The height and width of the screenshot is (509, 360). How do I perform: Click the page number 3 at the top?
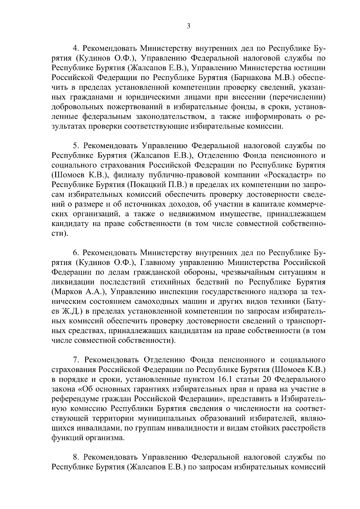pos(188,26)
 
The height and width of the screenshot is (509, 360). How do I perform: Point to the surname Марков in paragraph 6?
pos(68,292)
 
